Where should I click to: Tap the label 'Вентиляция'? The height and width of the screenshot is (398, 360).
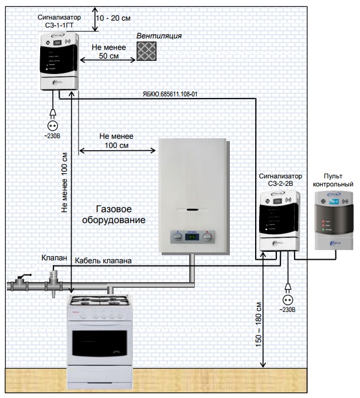(x=159, y=36)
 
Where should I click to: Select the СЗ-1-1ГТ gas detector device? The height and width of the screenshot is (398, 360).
(x=60, y=61)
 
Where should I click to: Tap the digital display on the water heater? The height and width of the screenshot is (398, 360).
(x=193, y=236)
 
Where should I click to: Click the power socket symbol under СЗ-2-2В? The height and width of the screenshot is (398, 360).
(x=287, y=299)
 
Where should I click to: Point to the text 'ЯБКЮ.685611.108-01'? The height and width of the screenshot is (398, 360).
(x=170, y=93)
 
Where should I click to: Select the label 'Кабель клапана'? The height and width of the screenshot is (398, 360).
(x=104, y=261)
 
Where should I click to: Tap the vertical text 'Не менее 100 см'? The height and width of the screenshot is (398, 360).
(x=64, y=183)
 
